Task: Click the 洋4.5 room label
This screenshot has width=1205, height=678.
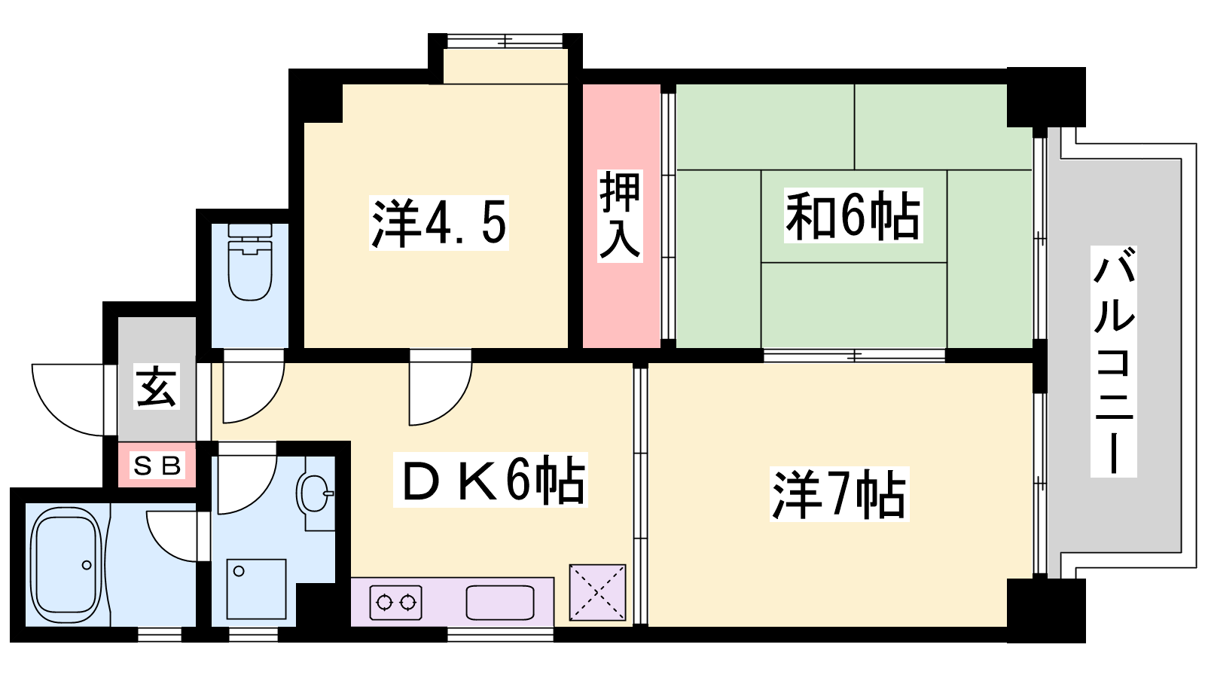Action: (x=438, y=223)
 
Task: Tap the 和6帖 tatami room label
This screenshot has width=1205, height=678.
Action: (x=853, y=215)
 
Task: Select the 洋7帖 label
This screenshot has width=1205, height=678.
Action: (x=839, y=494)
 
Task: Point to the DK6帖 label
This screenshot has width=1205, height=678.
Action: (x=490, y=480)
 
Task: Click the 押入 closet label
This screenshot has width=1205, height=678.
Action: (x=621, y=215)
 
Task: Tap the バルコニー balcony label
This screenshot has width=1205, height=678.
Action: (x=1114, y=361)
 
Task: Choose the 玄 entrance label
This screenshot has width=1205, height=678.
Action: (x=157, y=387)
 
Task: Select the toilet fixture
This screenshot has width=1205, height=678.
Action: (x=250, y=262)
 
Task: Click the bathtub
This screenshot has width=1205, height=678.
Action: (x=66, y=564)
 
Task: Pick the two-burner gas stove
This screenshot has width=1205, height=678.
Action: (x=395, y=602)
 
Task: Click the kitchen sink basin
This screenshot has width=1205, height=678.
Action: (x=500, y=603)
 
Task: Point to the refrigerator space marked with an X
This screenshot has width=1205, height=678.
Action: (x=597, y=592)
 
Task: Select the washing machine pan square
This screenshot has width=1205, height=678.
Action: (x=256, y=588)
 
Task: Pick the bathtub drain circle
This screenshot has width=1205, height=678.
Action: (x=87, y=565)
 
